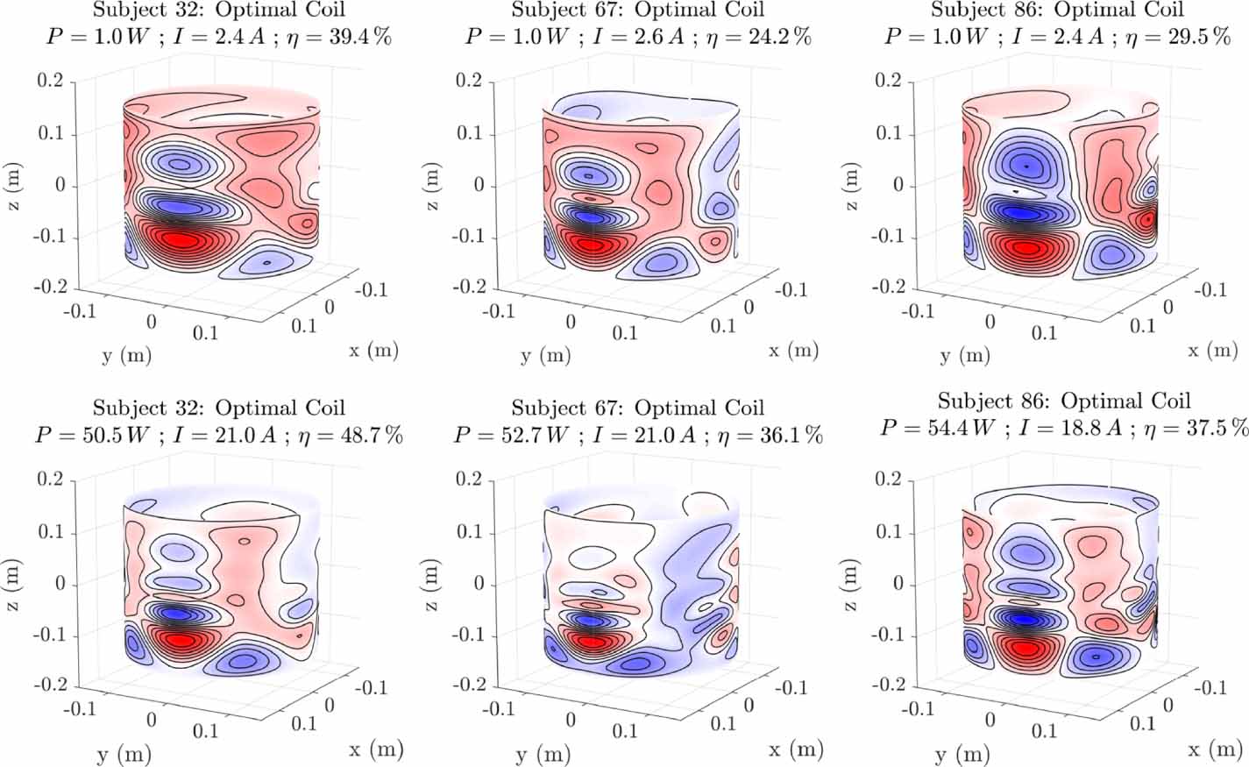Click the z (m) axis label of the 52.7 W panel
click(x=432, y=586)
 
